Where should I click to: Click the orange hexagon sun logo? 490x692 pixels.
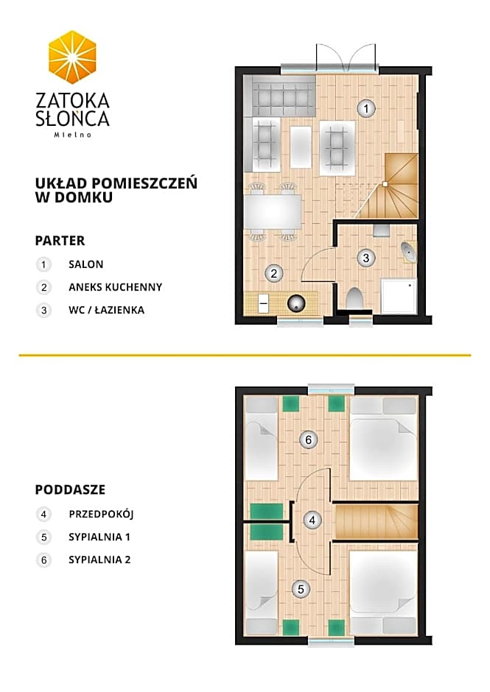pyautogui.click(x=72, y=57)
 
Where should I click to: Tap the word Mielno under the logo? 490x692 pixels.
pyautogui.click(x=73, y=135)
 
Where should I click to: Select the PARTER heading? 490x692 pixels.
pyautogui.click(x=60, y=241)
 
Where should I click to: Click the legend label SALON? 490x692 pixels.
pyautogui.click(x=85, y=264)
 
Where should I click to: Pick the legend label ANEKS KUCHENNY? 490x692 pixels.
pyautogui.click(x=116, y=287)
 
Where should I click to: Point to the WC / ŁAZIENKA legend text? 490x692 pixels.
pyautogui.click(x=107, y=310)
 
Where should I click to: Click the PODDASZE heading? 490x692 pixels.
pyautogui.click(x=70, y=490)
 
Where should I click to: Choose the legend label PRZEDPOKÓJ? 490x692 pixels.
pyautogui.click(x=101, y=515)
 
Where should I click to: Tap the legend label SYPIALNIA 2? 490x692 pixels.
pyautogui.click(x=99, y=560)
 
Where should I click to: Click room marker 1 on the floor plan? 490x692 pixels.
pyautogui.click(x=366, y=108)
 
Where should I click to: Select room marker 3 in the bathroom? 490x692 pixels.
pyautogui.click(x=366, y=258)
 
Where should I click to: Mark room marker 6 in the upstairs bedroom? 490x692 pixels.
pyautogui.click(x=309, y=439)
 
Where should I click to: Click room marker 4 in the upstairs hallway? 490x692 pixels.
pyautogui.click(x=312, y=520)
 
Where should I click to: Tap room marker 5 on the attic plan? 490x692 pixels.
pyautogui.click(x=301, y=589)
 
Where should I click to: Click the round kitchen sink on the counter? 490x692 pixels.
pyautogui.click(x=296, y=303)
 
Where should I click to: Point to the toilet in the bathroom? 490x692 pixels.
pyautogui.click(x=354, y=298)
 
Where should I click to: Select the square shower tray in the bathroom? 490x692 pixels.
pyautogui.click(x=399, y=296)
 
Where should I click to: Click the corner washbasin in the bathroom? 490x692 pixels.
pyautogui.click(x=409, y=252)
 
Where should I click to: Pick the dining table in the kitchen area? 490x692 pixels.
pyautogui.click(x=273, y=211)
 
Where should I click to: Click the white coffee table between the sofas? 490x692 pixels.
pyautogui.click(x=301, y=147)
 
